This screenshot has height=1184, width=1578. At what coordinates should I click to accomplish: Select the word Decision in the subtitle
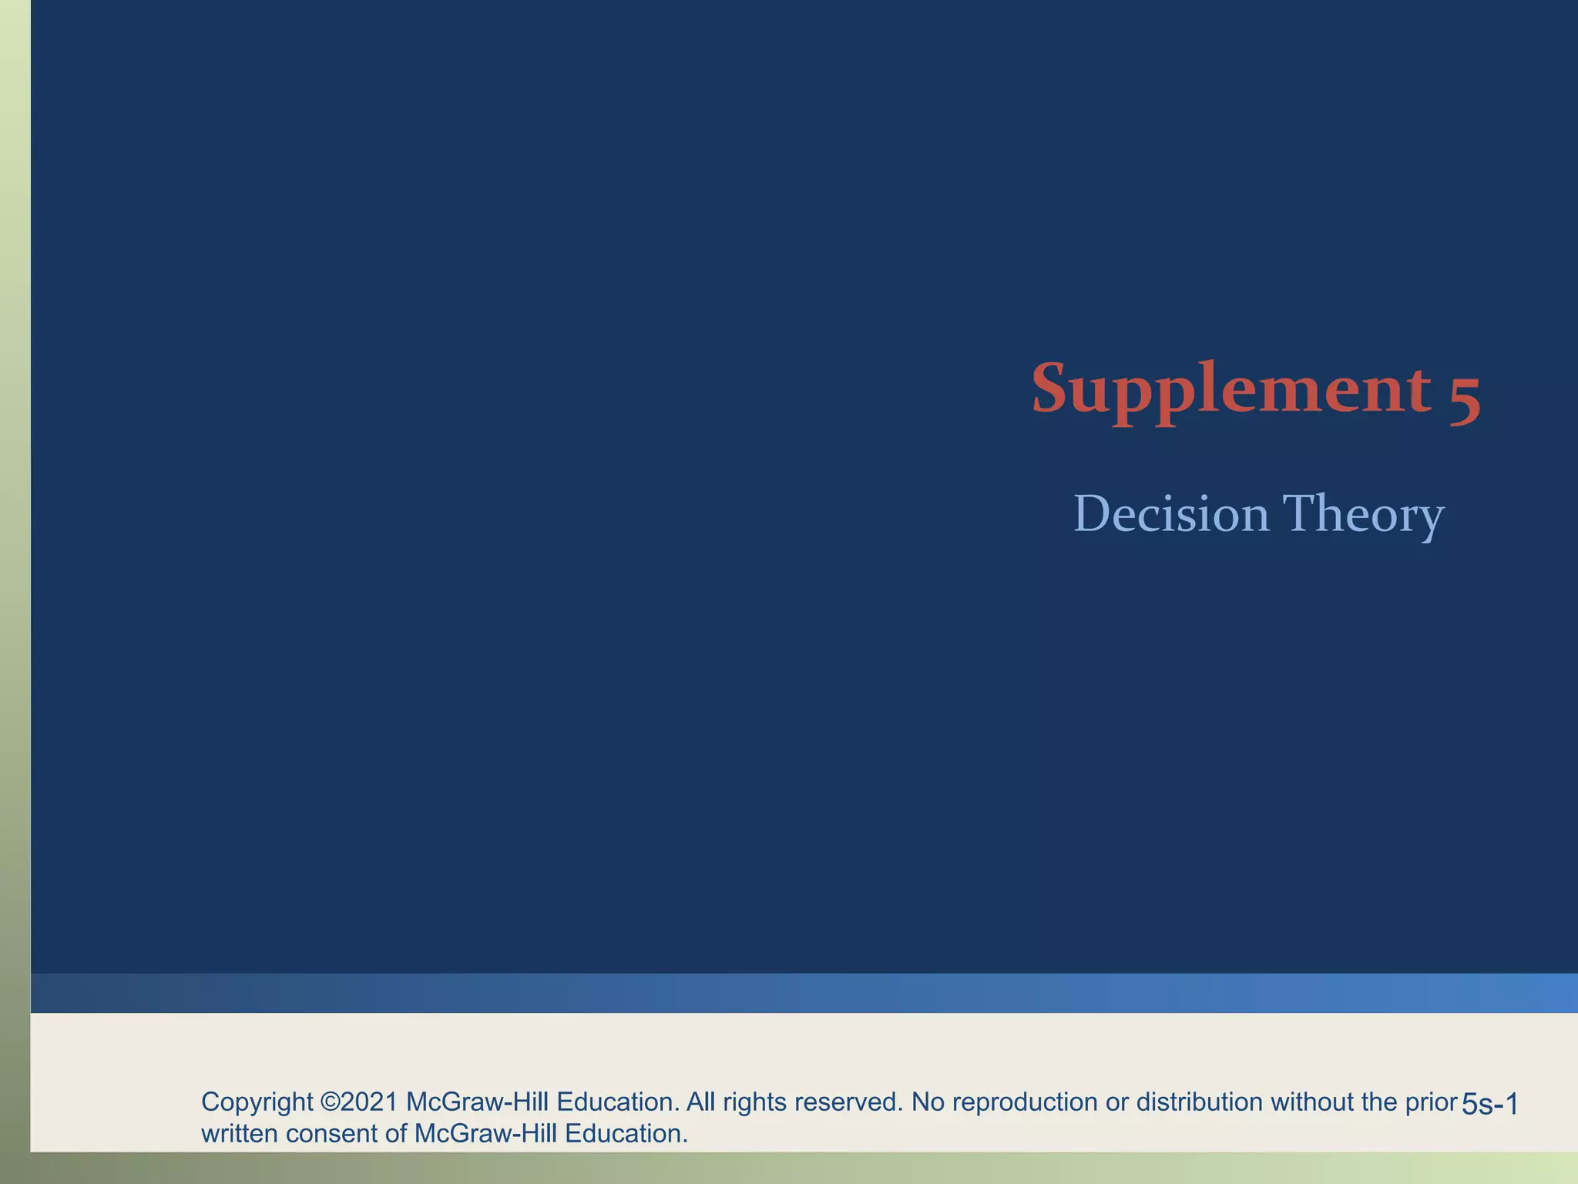click(x=1171, y=514)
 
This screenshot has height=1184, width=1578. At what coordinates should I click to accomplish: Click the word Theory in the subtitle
click(x=1362, y=514)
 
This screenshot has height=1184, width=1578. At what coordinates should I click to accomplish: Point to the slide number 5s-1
click(x=1489, y=1105)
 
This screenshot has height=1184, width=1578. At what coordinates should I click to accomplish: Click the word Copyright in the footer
click(x=257, y=1102)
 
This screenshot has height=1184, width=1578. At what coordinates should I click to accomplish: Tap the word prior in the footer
click(x=1431, y=1102)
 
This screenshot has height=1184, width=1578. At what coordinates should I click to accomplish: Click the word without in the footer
click(x=1312, y=1102)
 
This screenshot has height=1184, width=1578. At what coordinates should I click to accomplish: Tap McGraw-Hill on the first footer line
click(x=477, y=1102)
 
